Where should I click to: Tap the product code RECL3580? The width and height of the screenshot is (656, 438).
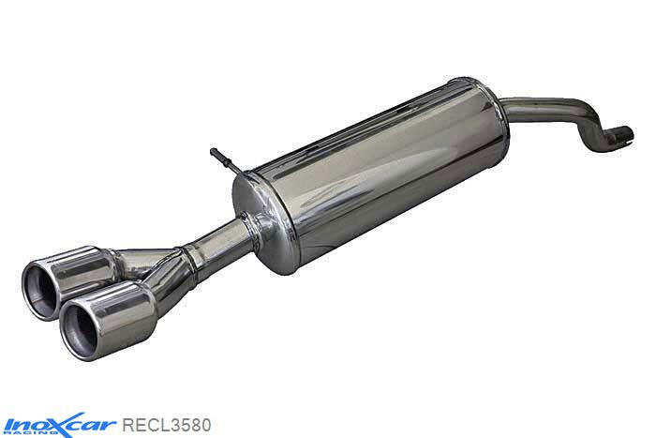point(167,421)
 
